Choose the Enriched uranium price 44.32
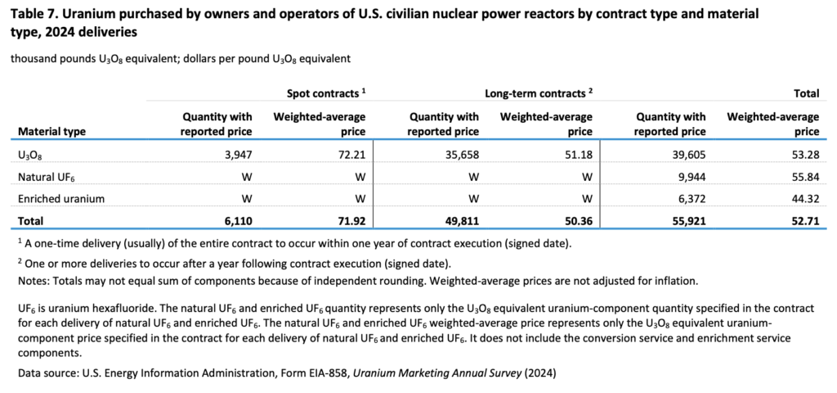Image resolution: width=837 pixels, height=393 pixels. click(x=806, y=199)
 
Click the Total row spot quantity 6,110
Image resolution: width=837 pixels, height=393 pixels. click(x=235, y=221)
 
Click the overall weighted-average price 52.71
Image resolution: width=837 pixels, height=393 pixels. click(x=805, y=221)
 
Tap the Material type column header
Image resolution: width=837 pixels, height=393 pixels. click(x=51, y=131)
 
